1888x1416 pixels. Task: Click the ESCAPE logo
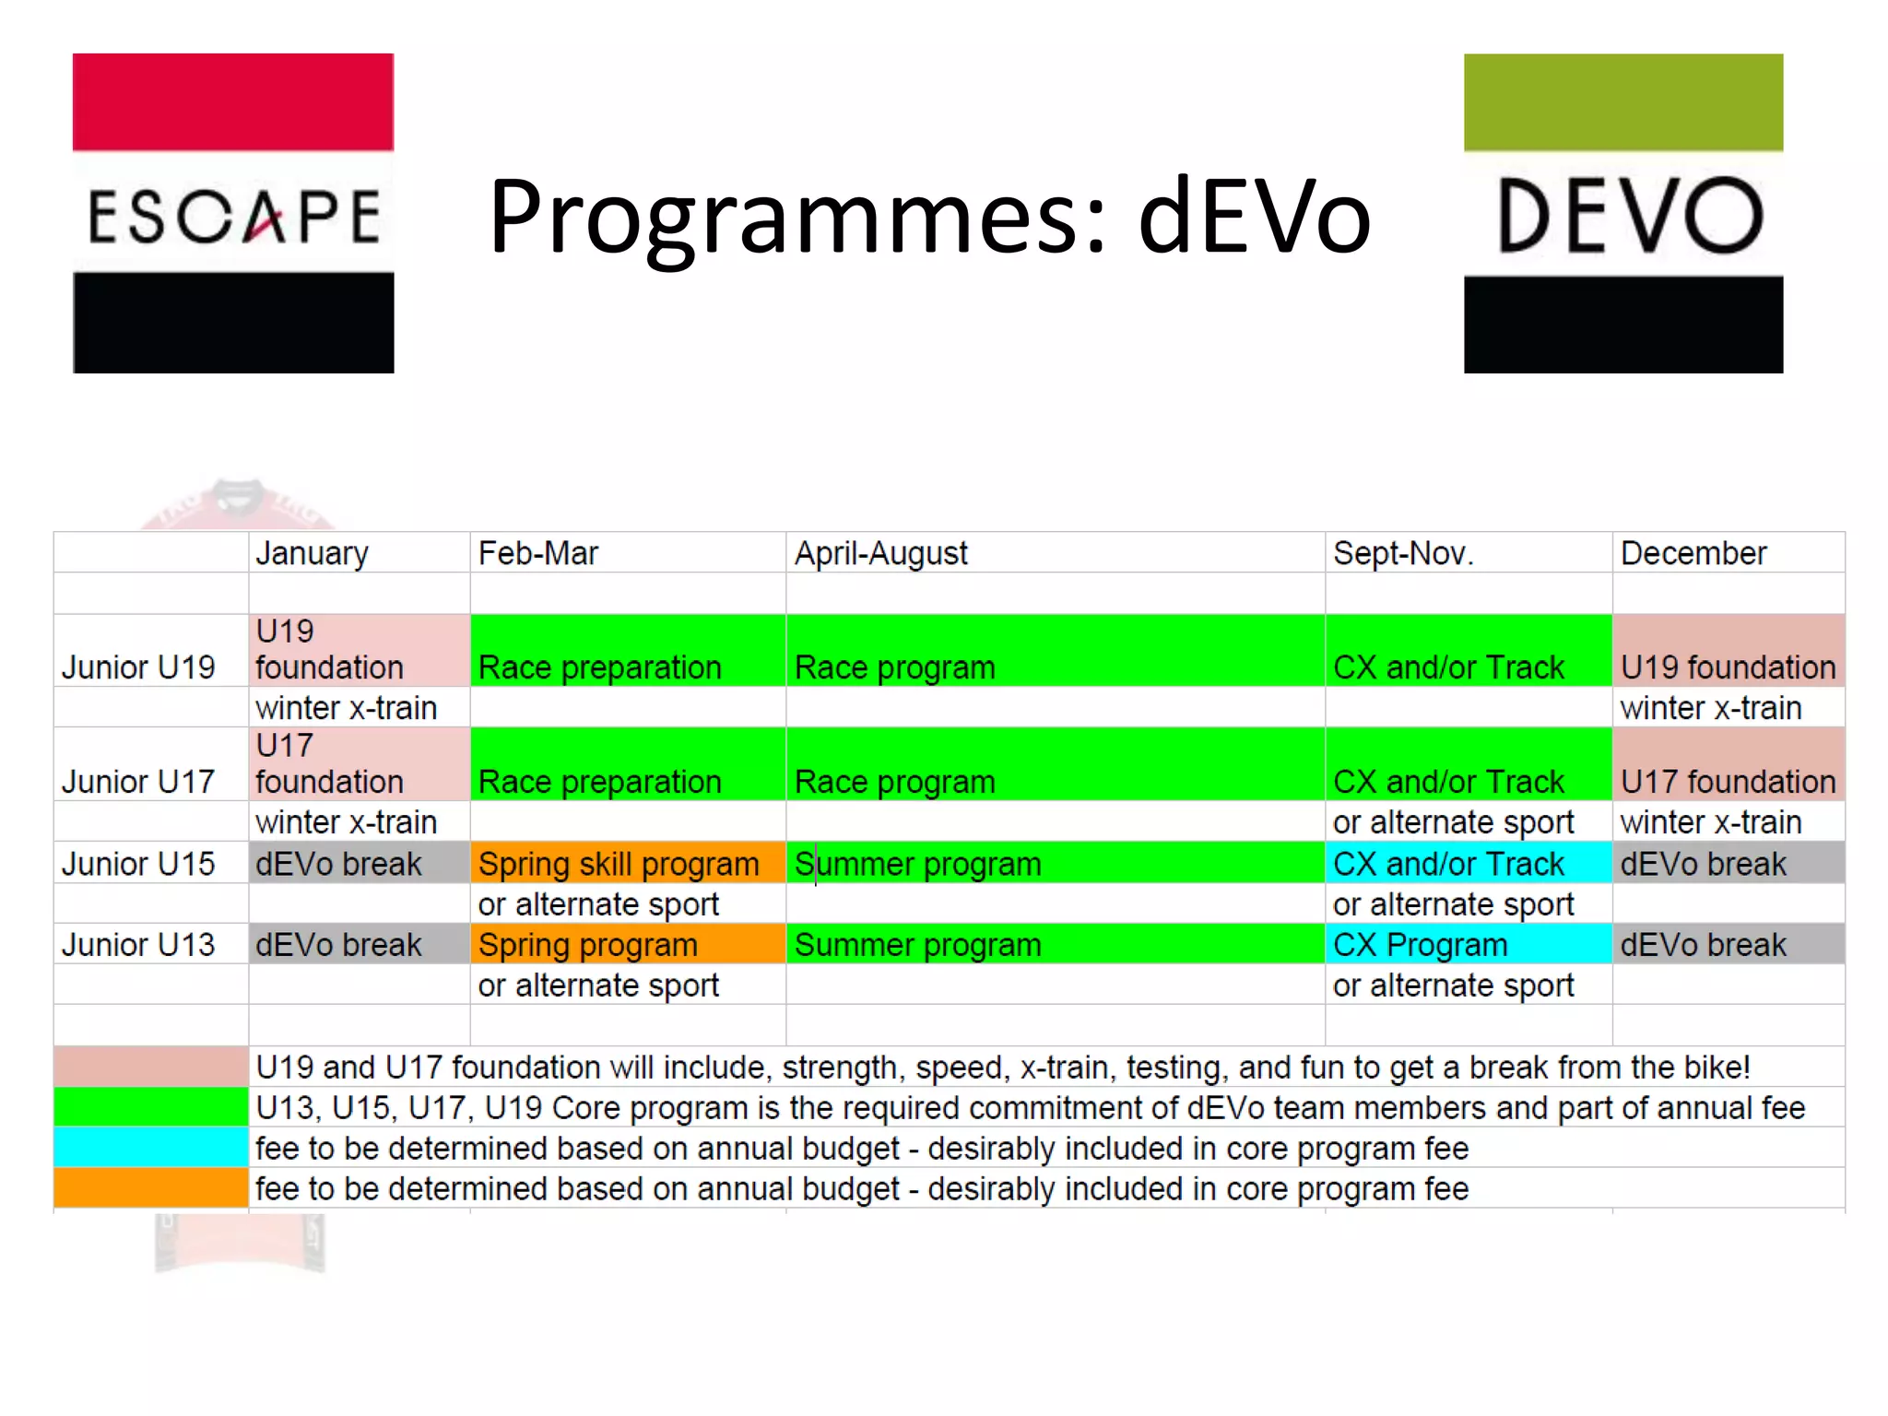tap(233, 213)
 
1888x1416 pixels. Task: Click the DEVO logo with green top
tap(1622, 213)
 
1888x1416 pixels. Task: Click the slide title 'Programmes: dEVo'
tap(929, 217)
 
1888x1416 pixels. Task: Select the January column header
tap(312, 553)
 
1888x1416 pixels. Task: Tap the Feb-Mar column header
tap(538, 553)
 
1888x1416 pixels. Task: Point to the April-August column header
tap(881, 553)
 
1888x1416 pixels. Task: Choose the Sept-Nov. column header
tap(1403, 553)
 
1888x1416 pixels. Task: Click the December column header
tap(1693, 553)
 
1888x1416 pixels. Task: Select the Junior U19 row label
tap(138, 667)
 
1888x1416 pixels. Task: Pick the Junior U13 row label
tap(138, 945)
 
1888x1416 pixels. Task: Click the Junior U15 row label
tap(138, 864)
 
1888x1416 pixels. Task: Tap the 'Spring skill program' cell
tap(619, 864)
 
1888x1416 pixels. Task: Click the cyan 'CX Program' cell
tap(1421, 945)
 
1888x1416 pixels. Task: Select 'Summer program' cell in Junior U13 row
tap(918, 945)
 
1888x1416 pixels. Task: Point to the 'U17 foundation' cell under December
tap(1728, 781)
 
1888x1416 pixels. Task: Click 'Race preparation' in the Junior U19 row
tap(600, 667)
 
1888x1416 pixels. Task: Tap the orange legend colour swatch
tap(151, 1187)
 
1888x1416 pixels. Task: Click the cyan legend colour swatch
tap(151, 1147)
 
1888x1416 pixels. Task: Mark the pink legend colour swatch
tap(151, 1066)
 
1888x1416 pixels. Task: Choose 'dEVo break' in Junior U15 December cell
tap(1704, 864)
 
